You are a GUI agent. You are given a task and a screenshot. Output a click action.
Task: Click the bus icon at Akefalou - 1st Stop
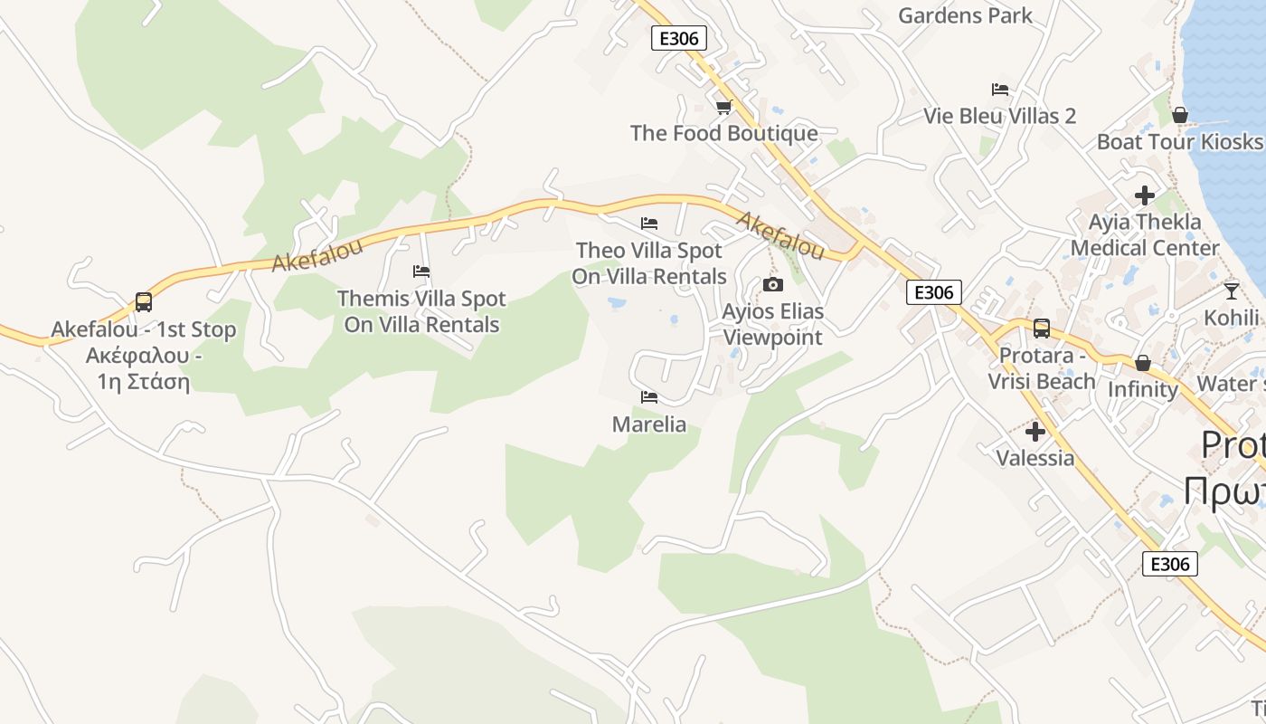click(143, 301)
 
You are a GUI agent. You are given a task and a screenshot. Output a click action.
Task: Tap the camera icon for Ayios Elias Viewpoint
click(772, 285)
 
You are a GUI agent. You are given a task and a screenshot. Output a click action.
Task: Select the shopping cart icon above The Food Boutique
click(723, 108)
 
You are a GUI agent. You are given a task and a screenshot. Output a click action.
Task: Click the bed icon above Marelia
click(649, 397)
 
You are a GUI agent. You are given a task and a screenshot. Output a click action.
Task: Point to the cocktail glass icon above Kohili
click(1231, 291)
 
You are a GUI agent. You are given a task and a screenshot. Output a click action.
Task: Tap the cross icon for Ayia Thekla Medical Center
click(1145, 195)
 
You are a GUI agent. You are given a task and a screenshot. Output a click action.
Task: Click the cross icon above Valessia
click(1035, 432)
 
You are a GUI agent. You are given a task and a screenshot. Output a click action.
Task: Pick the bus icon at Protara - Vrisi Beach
click(1041, 329)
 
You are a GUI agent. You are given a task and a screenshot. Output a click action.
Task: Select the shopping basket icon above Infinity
click(1143, 363)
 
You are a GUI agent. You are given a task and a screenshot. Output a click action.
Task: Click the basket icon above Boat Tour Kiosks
click(1179, 115)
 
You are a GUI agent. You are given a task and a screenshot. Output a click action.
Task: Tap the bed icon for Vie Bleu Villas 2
click(999, 90)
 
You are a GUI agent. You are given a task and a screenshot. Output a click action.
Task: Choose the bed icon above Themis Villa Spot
click(420, 271)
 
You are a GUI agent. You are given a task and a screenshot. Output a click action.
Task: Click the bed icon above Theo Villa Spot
click(649, 224)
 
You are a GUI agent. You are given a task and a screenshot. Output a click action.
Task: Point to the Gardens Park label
click(965, 15)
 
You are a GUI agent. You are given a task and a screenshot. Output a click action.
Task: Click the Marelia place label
click(649, 424)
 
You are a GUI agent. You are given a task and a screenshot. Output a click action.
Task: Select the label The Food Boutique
click(723, 134)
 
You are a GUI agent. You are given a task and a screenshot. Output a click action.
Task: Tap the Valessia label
click(1035, 458)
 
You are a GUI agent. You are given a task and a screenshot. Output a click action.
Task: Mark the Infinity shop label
click(1143, 390)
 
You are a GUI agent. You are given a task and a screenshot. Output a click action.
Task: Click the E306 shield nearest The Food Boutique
click(678, 37)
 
